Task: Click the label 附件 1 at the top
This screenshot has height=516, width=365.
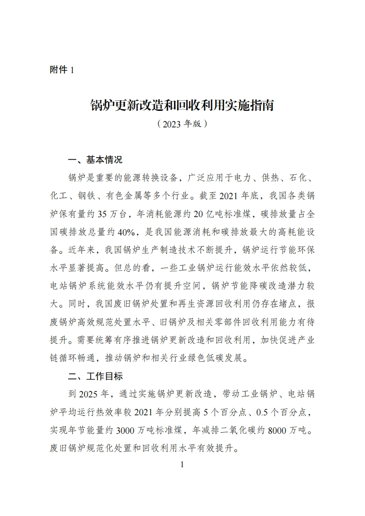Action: pos(61,70)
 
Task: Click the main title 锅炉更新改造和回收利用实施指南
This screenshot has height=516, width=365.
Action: pos(182,106)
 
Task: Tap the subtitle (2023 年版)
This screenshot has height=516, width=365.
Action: pos(182,124)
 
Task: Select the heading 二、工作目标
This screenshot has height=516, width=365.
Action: pos(95,376)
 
